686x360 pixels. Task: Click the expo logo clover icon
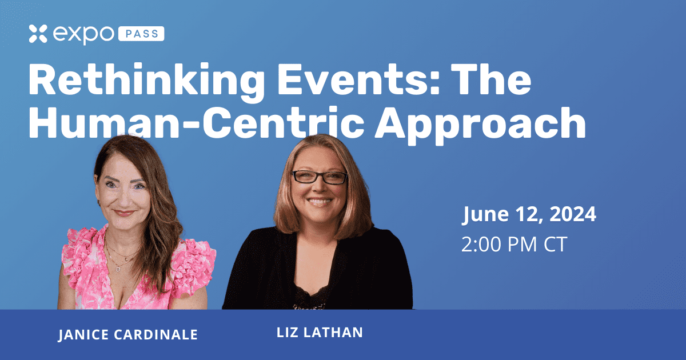[x=38, y=34]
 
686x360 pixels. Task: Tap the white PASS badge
[x=141, y=34]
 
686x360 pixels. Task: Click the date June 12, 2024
[x=529, y=214]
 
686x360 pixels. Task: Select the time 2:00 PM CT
[x=514, y=245]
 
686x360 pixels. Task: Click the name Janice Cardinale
[x=128, y=335]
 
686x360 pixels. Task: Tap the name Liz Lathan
[x=320, y=333]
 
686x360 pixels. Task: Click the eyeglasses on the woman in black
[x=320, y=177]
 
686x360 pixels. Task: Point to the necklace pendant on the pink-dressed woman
[x=118, y=269]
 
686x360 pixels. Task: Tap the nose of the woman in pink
[x=125, y=199]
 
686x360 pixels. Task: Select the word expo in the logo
[x=83, y=34]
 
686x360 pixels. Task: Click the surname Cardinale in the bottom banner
[x=156, y=335]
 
